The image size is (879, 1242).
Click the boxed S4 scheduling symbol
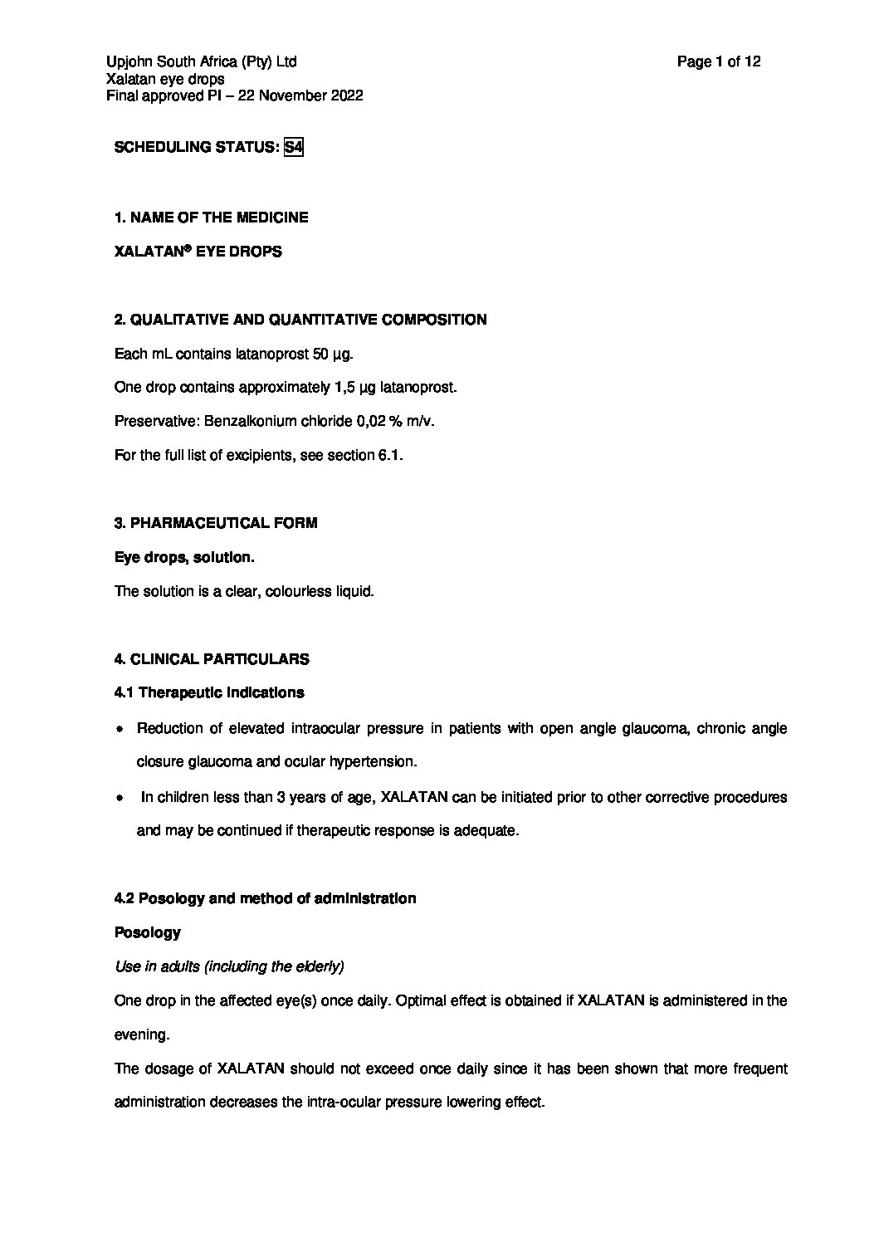point(293,148)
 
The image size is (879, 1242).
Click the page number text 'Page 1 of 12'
point(719,61)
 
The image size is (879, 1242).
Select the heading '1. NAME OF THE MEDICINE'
point(211,218)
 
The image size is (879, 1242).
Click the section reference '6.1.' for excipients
point(390,456)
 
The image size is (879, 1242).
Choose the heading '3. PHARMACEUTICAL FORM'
point(216,523)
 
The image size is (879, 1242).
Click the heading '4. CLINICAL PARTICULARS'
point(212,659)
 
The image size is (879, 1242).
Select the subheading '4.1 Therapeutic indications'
point(209,692)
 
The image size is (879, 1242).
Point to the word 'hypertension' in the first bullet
point(374,762)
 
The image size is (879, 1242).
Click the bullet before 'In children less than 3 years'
point(120,798)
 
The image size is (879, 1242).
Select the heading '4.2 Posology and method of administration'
point(265,898)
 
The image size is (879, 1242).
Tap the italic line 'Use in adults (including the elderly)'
point(229,966)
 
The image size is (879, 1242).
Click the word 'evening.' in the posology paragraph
point(141,1034)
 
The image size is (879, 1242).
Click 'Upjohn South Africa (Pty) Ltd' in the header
point(202,61)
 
